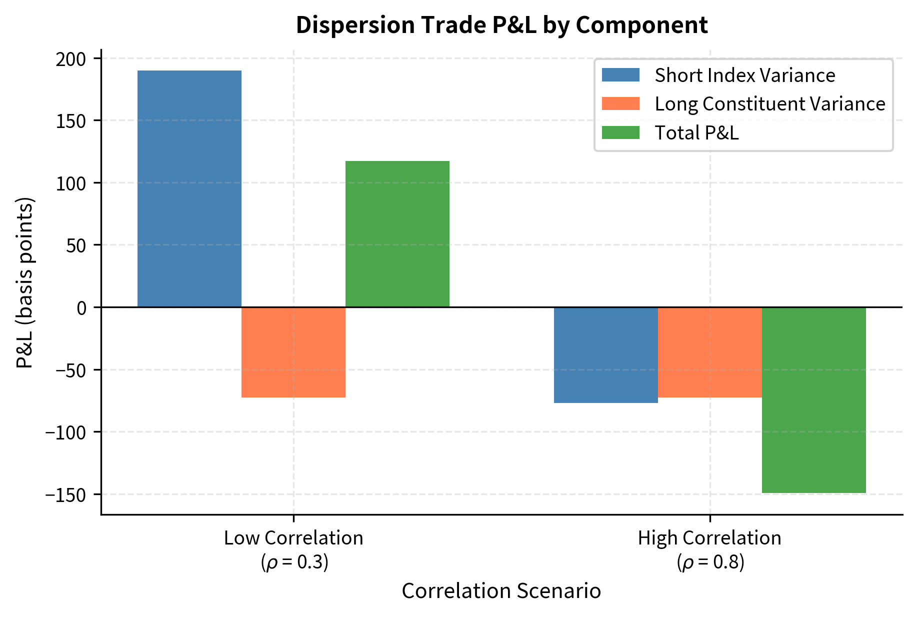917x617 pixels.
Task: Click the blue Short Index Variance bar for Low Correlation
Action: pos(189,188)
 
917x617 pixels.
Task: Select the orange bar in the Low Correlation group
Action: pos(293,352)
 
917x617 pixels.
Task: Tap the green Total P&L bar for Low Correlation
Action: pos(397,233)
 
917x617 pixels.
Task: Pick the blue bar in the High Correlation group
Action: pos(605,355)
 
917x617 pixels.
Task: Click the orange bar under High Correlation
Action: pos(709,352)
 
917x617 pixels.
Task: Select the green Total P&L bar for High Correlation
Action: pos(813,400)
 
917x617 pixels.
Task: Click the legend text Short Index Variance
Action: pos(744,75)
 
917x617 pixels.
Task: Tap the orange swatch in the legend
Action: pos(620,103)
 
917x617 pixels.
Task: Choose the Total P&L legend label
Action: pos(696,133)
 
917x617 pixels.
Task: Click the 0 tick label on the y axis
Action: pos(82,307)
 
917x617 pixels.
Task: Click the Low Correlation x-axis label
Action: pos(293,538)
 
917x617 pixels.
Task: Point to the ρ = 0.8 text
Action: pos(710,562)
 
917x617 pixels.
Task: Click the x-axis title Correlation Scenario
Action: pos(501,591)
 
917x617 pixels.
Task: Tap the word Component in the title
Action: pos(641,25)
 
